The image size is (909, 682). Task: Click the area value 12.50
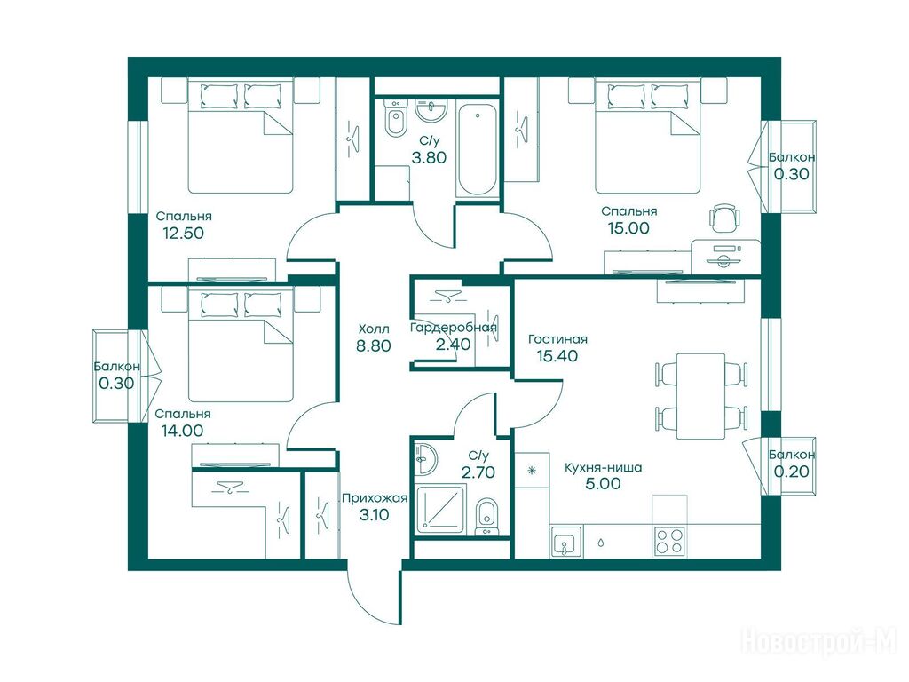pyautogui.click(x=183, y=234)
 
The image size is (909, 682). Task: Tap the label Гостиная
pyautogui.click(x=557, y=339)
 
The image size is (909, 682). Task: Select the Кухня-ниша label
pyautogui.click(x=603, y=467)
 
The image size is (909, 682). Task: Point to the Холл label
pyautogui.click(x=374, y=329)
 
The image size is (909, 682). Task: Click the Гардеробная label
pyautogui.click(x=454, y=328)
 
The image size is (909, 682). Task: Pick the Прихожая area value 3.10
pyautogui.click(x=374, y=514)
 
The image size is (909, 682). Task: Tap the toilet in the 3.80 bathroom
pyautogui.click(x=396, y=119)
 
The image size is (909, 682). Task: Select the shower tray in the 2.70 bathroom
pyautogui.click(x=440, y=511)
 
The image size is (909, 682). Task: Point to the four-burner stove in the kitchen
pyautogui.click(x=668, y=542)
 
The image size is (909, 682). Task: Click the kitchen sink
pyautogui.click(x=566, y=542)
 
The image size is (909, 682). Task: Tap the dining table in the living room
pyautogui.click(x=700, y=396)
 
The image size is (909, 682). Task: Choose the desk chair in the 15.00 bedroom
pyautogui.click(x=724, y=218)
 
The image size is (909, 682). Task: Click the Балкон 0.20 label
pyautogui.click(x=792, y=464)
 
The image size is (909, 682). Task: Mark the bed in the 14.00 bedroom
pyautogui.click(x=241, y=345)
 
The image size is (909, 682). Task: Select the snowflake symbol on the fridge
pyautogui.click(x=532, y=471)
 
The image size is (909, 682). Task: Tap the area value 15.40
pyautogui.click(x=557, y=356)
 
